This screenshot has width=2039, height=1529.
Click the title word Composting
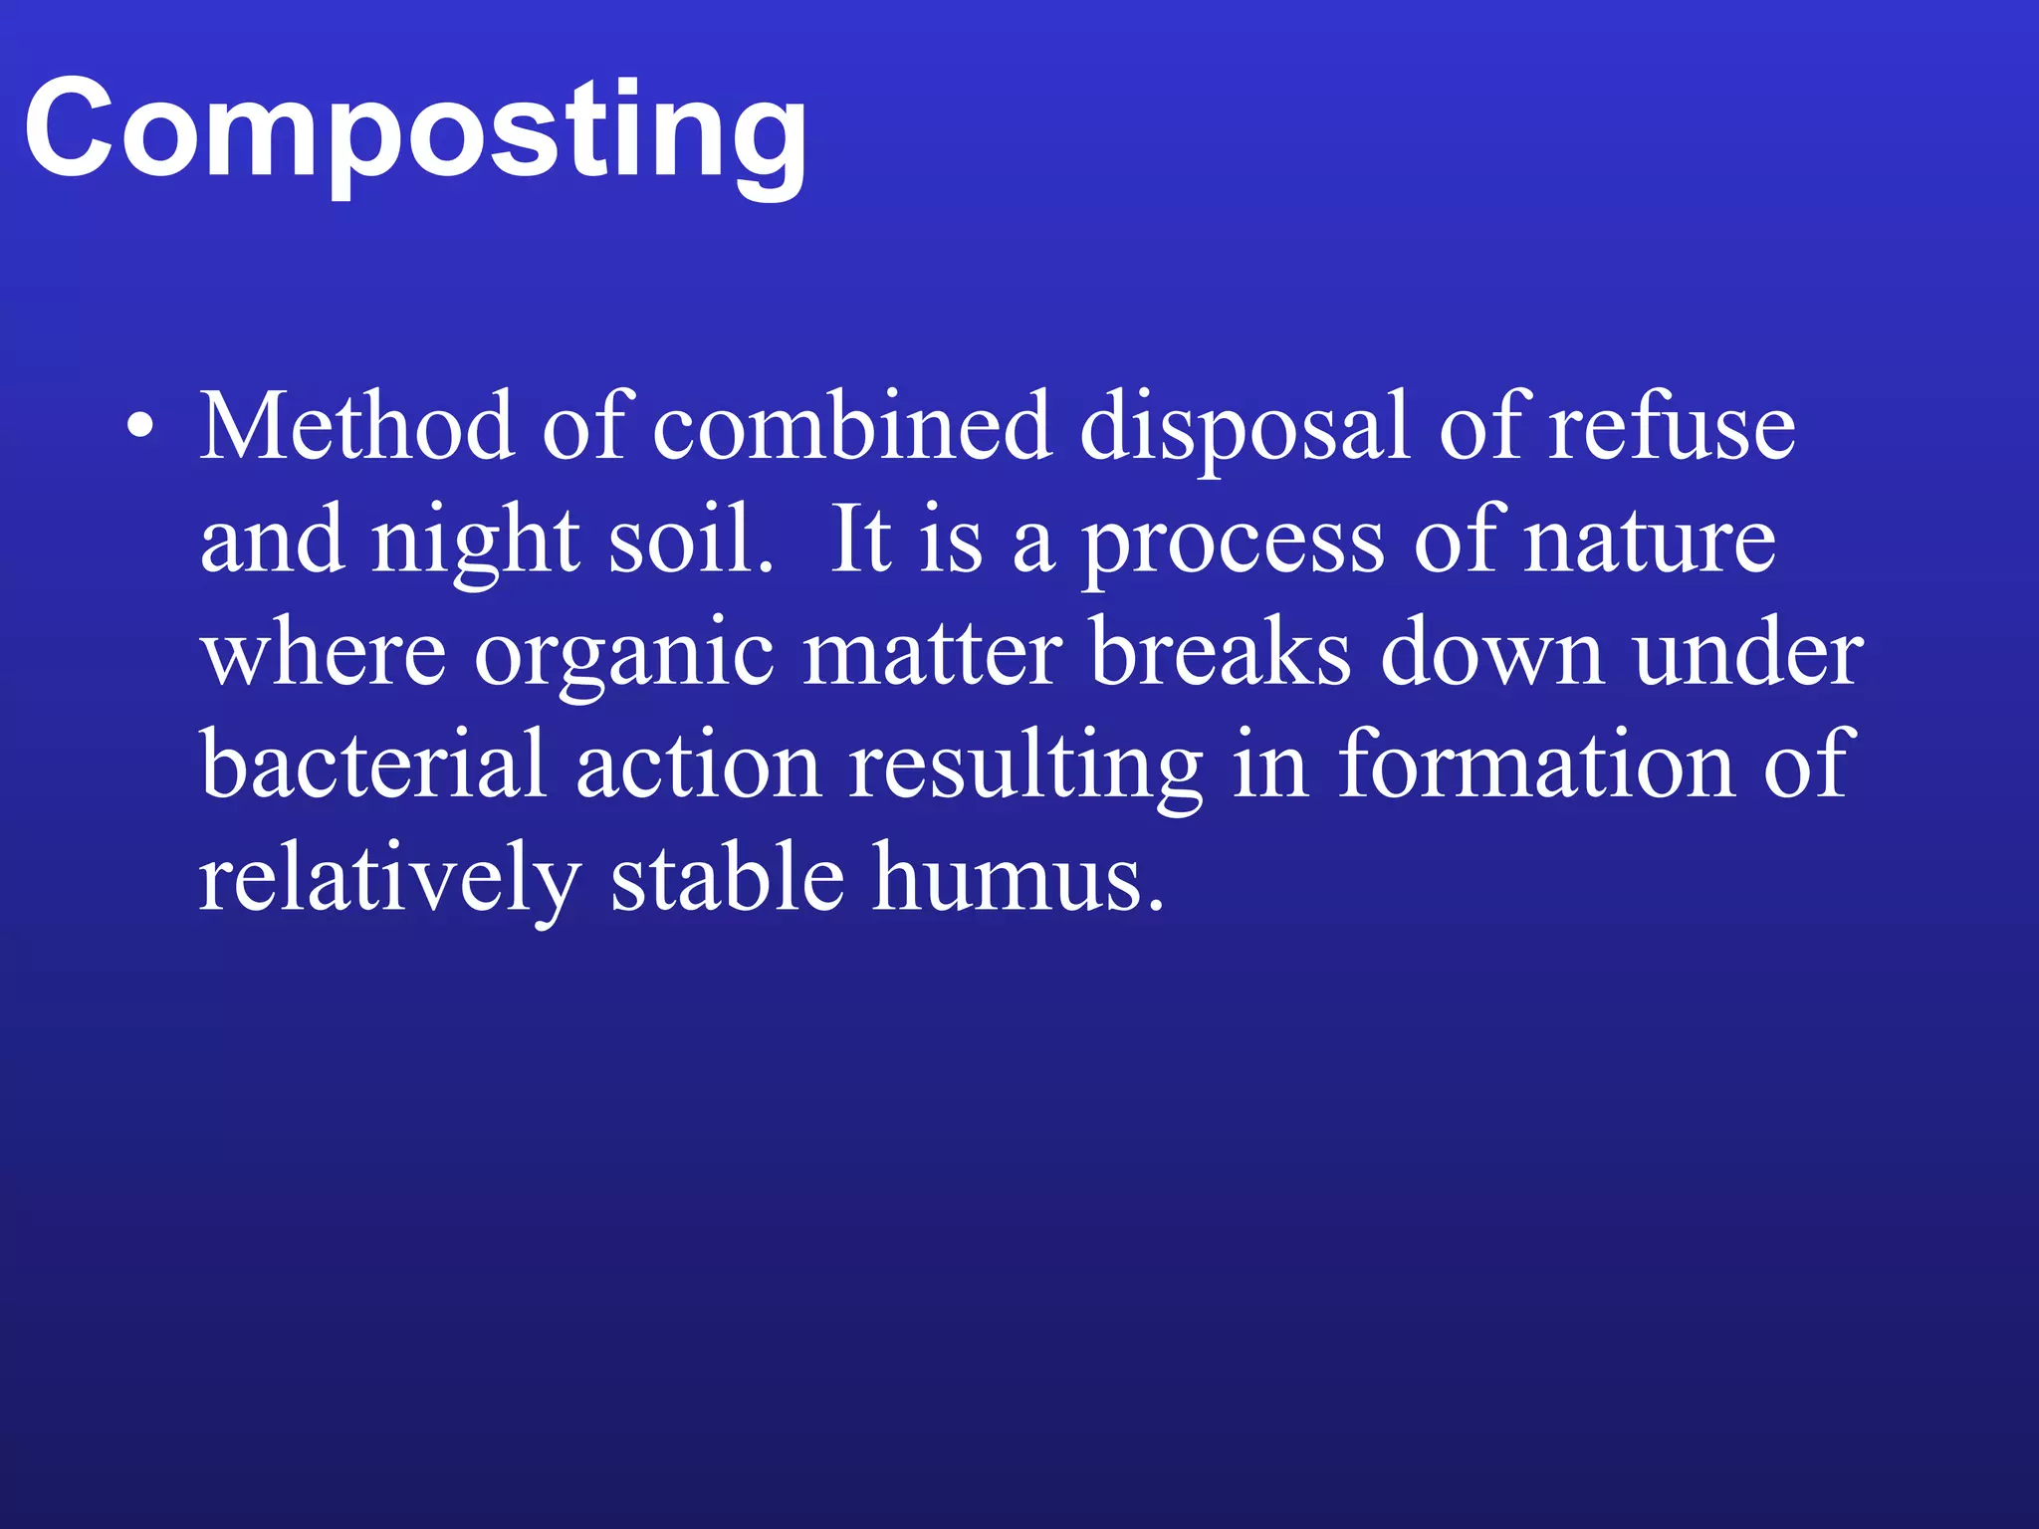415,130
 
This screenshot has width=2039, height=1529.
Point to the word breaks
1221,653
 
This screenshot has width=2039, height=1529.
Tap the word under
1747,653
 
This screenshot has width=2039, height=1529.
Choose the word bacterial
373,764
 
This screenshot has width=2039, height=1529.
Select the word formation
1536,764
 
